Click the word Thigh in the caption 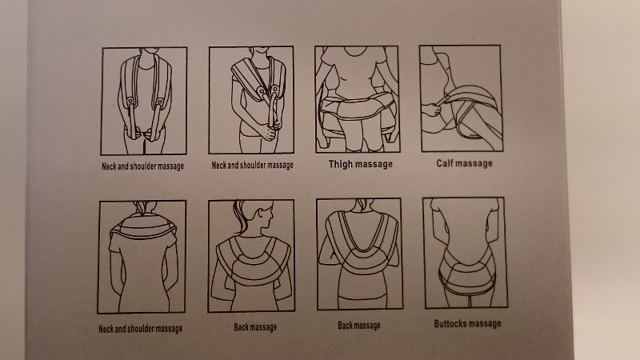341,164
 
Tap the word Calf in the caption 444,163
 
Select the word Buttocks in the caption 450,324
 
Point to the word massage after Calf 474,164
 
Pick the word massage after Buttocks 486,324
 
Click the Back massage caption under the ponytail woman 255,327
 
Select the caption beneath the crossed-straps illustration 252,166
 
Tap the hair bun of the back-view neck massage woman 142,207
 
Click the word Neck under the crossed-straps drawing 218,166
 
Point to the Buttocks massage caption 467,324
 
